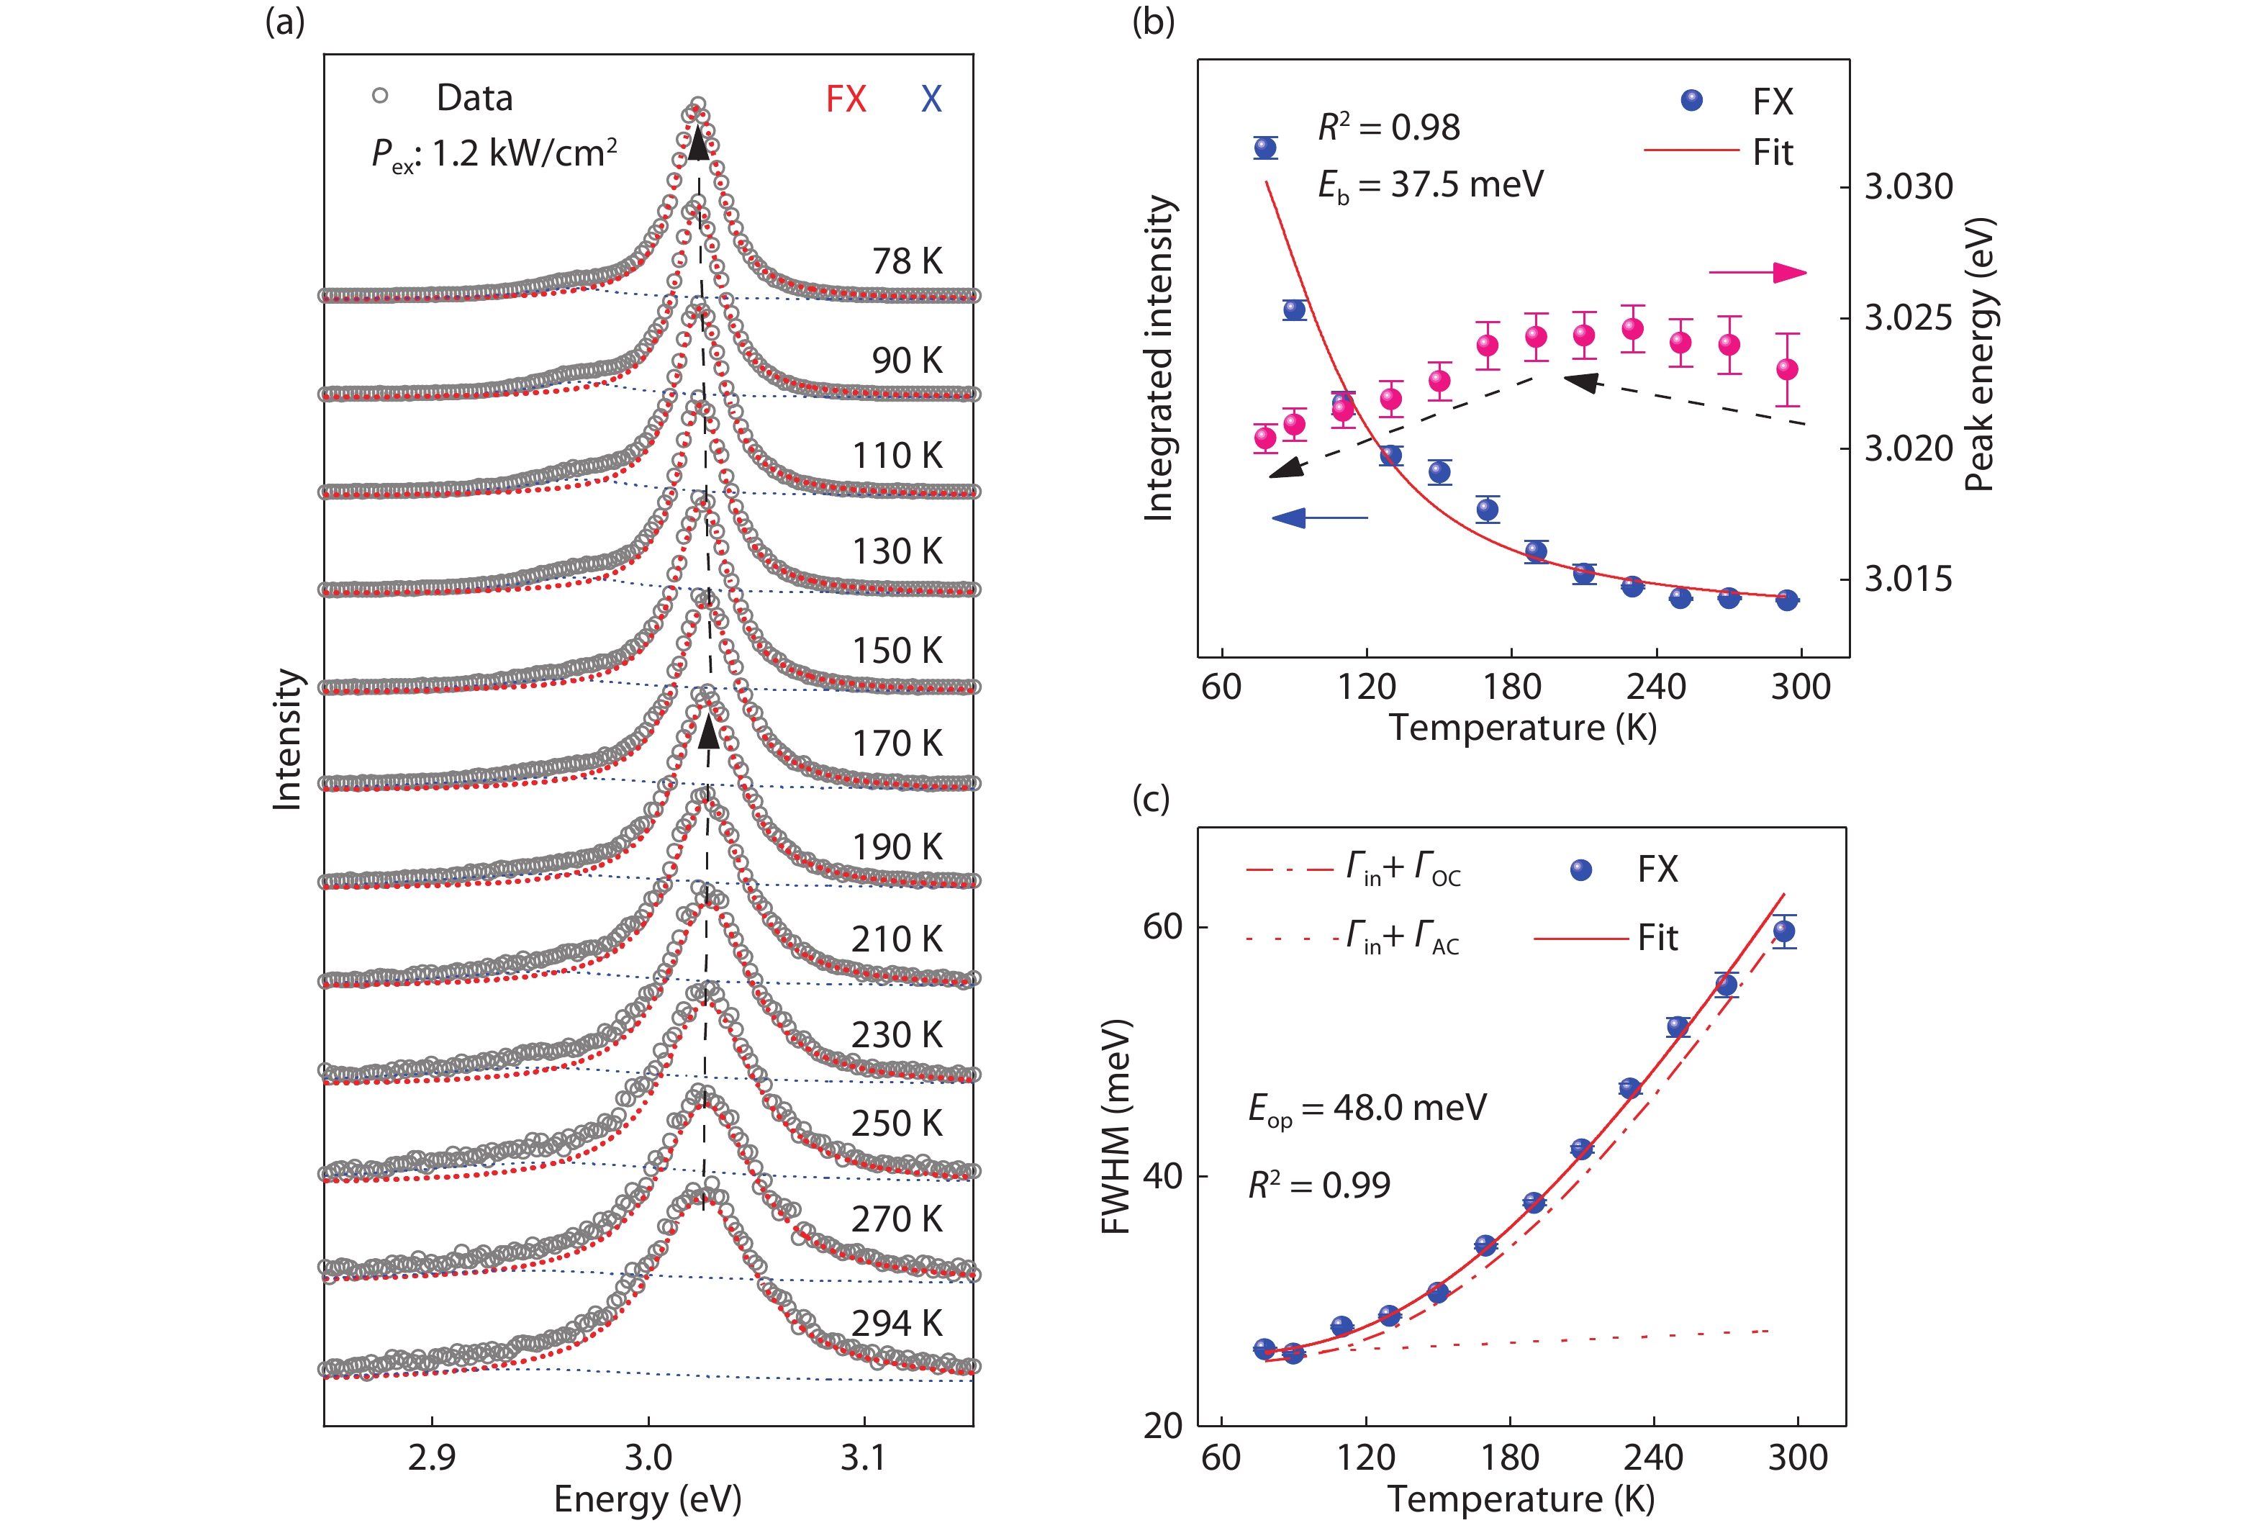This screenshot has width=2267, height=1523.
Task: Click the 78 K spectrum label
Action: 906,261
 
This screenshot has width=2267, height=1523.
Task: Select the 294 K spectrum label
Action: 897,1323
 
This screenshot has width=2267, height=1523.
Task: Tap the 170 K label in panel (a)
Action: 897,744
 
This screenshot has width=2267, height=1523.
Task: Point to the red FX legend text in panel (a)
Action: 845,99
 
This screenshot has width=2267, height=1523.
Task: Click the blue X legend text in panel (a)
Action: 931,99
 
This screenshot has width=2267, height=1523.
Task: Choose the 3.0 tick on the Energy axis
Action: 648,1457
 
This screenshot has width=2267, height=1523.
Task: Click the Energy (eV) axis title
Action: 648,1499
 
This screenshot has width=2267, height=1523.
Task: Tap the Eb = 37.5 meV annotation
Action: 1430,184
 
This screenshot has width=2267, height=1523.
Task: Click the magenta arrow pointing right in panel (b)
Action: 1758,273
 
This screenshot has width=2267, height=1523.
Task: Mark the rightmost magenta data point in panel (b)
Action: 1787,369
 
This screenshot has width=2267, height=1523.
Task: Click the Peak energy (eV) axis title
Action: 1978,355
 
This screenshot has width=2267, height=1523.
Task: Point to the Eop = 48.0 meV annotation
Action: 1367,1108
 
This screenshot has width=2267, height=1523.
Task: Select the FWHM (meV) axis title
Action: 1116,1126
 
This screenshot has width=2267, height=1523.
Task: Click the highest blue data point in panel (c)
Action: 1784,931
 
